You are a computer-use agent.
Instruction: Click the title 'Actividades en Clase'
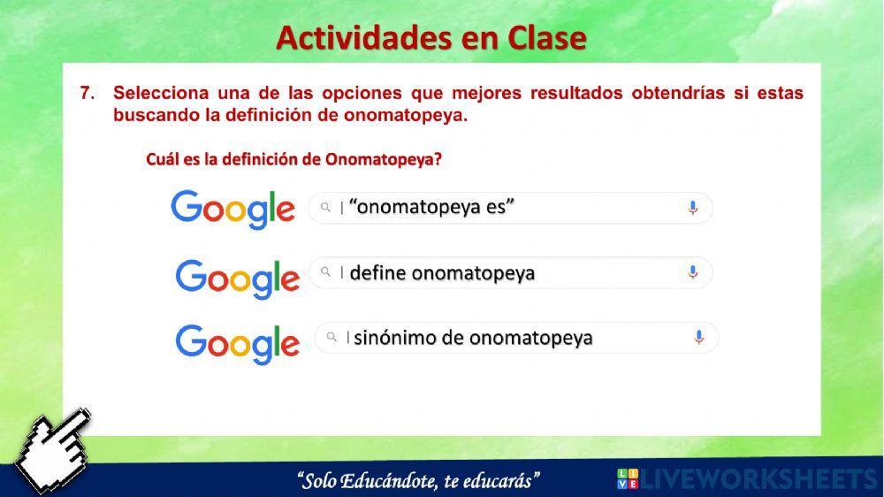[x=431, y=38]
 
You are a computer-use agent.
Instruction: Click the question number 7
[x=87, y=94]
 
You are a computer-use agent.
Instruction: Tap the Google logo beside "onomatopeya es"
[x=232, y=210]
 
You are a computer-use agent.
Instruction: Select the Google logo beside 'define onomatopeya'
[x=237, y=278]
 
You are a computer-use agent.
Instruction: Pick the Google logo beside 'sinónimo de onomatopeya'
[x=237, y=343]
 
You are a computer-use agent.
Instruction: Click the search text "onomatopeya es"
[x=431, y=208]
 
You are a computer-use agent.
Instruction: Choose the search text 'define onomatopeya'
[x=442, y=273]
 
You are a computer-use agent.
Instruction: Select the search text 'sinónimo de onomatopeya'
[x=473, y=338]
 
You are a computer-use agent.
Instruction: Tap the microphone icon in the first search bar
[x=693, y=208]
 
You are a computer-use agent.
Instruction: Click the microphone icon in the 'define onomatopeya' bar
[x=693, y=272]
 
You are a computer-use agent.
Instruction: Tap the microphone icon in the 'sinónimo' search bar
[x=698, y=337]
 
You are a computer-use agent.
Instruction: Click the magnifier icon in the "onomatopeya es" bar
[x=326, y=208]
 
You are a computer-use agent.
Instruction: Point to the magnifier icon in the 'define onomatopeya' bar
[x=326, y=272]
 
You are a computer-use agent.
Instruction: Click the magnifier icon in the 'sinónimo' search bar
[x=332, y=337]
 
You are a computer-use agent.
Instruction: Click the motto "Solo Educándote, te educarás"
[x=420, y=480]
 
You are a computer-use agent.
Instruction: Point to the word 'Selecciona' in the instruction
[x=162, y=94]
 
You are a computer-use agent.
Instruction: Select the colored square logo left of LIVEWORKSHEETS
[x=627, y=479]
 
